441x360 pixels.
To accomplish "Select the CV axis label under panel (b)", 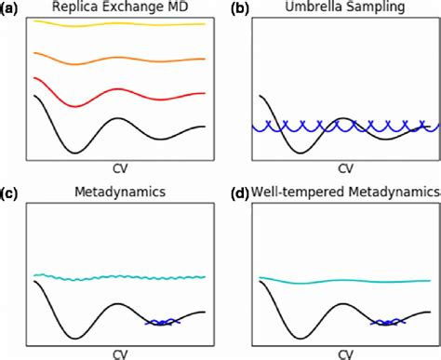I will tap(345, 169).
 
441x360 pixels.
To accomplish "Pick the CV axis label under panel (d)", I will tap(345, 353).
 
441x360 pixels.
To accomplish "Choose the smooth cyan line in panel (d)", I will tap(345, 281).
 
